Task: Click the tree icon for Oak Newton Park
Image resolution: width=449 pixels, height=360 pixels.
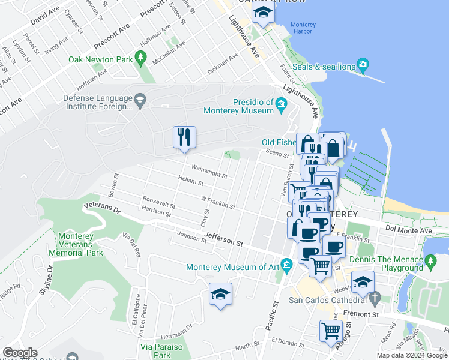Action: coord(141,59)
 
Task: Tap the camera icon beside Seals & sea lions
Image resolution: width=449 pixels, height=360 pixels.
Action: coord(363,64)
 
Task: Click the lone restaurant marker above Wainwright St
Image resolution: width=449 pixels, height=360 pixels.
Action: coord(184,137)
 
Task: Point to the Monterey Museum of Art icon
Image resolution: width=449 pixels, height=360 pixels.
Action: coord(287,265)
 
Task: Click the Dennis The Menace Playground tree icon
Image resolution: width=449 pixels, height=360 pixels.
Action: coord(430,261)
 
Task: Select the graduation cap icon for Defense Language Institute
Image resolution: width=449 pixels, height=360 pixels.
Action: coord(140,100)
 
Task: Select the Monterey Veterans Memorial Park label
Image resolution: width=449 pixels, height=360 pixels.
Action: coord(80,244)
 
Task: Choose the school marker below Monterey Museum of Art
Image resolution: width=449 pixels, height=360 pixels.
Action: coord(220,294)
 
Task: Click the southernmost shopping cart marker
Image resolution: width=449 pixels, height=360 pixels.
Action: coord(331,331)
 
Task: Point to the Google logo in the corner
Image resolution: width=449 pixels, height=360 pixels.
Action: coord(20,353)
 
